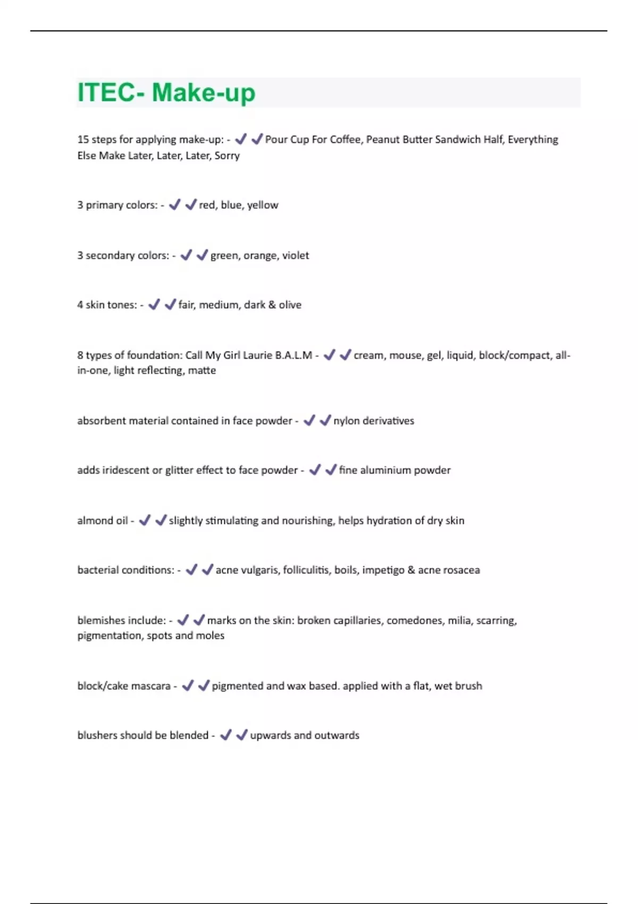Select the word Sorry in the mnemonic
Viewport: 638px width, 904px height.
pyautogui.click(x=227, y=156)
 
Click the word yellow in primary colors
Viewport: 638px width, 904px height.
pyautogui.click(x=263, y=205)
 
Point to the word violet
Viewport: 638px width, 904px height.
pyautogui.click(x=296, y=255)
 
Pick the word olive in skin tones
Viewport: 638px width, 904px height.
pyautogui.click(x=290, y=305)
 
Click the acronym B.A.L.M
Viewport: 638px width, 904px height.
pyautogui.click(x=293, y=355)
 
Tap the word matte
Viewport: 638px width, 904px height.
pyautogui.click(x=202, y=371)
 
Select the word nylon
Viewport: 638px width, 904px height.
pyautogui.click(x=347, y=421)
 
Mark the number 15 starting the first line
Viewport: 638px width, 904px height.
pyautogui.click(x=83, y=139)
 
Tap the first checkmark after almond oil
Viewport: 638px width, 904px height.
pyautogui.click(x=145, y=520)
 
